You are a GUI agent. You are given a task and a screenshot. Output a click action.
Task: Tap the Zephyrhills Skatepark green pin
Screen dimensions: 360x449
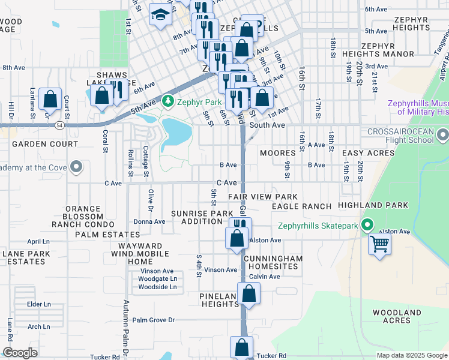click(x=367, y=226)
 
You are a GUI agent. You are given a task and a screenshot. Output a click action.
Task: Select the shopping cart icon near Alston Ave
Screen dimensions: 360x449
click(x=379, y=244)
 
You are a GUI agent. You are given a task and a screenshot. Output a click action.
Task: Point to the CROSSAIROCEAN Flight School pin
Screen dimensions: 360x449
click(x=443, y=133)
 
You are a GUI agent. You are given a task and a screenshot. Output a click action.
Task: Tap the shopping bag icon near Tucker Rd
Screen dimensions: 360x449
click(x=241, y=347)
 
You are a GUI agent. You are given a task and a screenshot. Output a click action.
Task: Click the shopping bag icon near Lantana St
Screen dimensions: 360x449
click(x=50, y=98)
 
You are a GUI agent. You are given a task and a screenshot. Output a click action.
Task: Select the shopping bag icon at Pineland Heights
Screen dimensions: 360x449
click(x=249, y=294)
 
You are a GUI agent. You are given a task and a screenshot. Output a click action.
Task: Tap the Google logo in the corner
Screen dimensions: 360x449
click(x=20, y=353)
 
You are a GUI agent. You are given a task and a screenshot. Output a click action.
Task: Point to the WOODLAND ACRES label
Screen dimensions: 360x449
click(x=397, y=316)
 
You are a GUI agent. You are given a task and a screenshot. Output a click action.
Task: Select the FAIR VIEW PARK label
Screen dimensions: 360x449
click(x=262, y=197)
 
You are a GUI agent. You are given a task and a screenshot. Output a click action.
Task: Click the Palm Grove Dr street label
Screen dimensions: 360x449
click(x=153, y=320)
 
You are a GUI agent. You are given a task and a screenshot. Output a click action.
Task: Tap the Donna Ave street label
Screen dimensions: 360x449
click(x=149, y=221)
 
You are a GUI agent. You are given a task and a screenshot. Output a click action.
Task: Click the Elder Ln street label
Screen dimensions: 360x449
click(x=39, y=304)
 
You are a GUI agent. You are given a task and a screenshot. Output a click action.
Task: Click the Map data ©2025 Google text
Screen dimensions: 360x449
click(x=411, y=355)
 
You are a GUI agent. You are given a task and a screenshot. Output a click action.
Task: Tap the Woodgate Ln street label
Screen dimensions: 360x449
click(x=157, y=279)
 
